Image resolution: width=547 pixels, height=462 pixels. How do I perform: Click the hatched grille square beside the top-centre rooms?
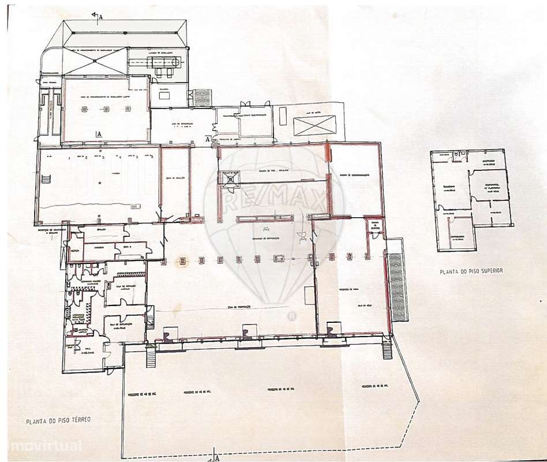200,97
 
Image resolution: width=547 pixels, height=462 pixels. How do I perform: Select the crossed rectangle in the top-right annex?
314,125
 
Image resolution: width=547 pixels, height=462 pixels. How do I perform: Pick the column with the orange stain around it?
182,260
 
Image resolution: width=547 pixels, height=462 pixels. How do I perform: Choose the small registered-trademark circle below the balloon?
292,315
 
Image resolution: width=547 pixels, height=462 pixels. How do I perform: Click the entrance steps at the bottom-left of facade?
152,359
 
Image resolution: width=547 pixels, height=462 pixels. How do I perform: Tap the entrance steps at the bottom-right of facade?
388,349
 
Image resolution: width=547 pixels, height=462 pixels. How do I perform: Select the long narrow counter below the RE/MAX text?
263,217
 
